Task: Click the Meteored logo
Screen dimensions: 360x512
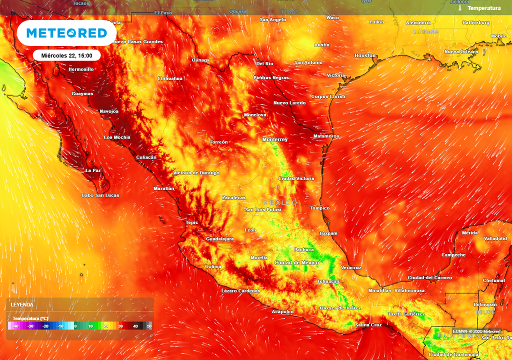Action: tap(66, 33)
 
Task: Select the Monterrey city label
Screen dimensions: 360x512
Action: tap(275, 139)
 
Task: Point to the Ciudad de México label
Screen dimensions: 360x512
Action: tap(296, 262)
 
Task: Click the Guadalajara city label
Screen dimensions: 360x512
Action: tap(220, 239)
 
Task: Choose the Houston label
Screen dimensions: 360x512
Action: tap(365, 55)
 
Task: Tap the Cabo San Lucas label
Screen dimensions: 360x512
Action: tap(100, 195)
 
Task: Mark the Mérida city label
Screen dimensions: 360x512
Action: tap(470, 233)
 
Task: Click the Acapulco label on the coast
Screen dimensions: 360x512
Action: tap(282, 311)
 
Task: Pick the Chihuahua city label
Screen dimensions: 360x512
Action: tap(170, 78)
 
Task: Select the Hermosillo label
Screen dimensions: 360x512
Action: tap(81, 69)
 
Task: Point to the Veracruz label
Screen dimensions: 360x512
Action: tap(351, 267)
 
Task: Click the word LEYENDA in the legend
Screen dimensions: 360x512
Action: tap(22, 304)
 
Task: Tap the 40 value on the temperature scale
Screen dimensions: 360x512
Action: tap(135, 326)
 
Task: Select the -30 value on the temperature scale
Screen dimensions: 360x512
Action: tap(30, 326)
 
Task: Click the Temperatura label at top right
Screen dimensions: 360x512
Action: tap(484, 8)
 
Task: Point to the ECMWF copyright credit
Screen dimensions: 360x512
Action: tap(476, 331)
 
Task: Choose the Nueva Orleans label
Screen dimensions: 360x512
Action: tap(461, 52)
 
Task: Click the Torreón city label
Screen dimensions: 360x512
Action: tap(218, 142)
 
